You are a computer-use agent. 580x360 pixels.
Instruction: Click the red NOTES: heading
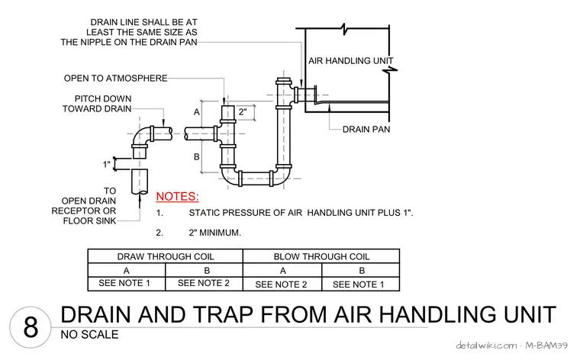coord(177,196)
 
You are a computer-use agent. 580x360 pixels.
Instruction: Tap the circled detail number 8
coord(31,327)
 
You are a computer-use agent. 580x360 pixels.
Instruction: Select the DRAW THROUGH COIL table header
coord(166,256)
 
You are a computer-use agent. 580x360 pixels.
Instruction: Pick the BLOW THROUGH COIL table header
coord(321,256)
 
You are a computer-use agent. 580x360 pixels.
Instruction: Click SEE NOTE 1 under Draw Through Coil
coord(124,283)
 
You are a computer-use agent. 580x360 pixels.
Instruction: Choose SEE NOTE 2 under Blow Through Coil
coord(281,284)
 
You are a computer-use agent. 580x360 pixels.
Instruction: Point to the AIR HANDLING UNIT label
coord(350,60)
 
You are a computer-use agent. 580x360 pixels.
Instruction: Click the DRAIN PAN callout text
coord(366,130)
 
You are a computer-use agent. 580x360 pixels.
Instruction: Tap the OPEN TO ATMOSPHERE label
coord(116,79)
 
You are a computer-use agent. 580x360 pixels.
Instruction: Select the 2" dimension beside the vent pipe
coord(243,111)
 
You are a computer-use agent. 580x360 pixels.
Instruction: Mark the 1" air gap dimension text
coord(107,164)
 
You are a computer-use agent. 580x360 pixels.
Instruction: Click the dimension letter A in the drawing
coord(197,112)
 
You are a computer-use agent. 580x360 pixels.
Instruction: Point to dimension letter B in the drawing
coord(197,156)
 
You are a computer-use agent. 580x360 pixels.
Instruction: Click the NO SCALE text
coord(89,335)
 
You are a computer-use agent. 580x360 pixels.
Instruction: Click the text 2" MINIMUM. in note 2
coord(215,233)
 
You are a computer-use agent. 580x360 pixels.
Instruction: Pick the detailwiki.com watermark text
coord(486,346)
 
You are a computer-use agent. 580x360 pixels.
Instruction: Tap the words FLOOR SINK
coord(89,220)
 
